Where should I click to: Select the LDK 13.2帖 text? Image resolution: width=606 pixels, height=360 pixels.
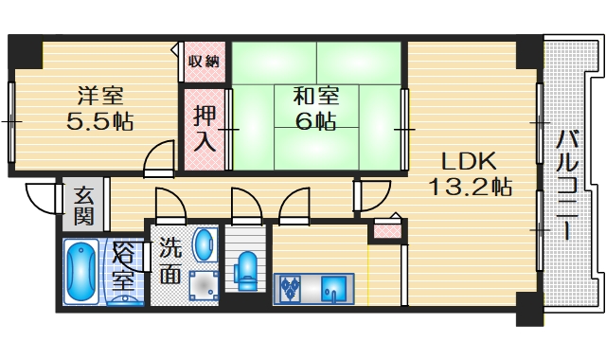(471, 172)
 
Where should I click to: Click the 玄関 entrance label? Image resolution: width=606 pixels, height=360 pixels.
(84, 206)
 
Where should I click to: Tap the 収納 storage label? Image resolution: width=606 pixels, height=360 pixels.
(203, 62)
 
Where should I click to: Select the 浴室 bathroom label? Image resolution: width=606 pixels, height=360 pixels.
(123, 266)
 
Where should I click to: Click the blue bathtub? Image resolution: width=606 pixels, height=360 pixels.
(81, 272)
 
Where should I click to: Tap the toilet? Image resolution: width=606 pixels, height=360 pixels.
(246, 270)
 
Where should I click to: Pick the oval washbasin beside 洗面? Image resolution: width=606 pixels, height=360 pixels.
(204, 244)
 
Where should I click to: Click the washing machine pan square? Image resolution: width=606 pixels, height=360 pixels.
(203, 284)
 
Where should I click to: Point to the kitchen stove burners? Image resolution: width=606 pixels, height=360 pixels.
(290, 285)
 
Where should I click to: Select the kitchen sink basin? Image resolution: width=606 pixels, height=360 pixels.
(334, 286)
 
